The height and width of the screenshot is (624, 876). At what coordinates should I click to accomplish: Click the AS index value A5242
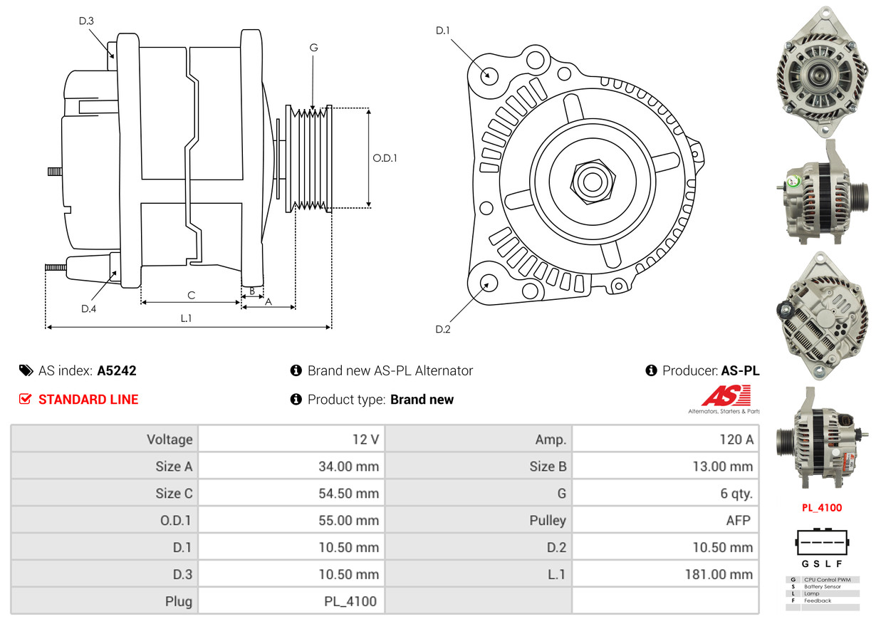117,370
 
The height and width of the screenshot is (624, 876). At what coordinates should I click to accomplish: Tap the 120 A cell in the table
736,440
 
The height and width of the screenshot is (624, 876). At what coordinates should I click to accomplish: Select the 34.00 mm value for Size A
348,467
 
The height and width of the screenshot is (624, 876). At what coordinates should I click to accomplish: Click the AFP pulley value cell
738,521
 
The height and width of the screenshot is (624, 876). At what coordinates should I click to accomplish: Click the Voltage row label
170,440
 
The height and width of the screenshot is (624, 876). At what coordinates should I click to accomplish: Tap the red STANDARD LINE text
88,400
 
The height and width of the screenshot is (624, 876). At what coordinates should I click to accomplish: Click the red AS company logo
724,396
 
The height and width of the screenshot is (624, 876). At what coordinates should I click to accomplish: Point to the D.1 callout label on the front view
443,31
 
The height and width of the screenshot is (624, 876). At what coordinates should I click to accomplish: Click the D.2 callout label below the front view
443,329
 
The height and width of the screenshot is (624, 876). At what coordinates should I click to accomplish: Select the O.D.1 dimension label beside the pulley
385,158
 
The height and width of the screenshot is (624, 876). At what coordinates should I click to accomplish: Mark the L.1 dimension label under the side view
186,318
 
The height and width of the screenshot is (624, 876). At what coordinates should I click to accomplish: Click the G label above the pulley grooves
313,48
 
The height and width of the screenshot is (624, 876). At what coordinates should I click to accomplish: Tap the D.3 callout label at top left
86,21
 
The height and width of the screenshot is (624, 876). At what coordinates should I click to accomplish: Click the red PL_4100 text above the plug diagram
821,508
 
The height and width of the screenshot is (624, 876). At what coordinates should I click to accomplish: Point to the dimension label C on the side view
191,295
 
